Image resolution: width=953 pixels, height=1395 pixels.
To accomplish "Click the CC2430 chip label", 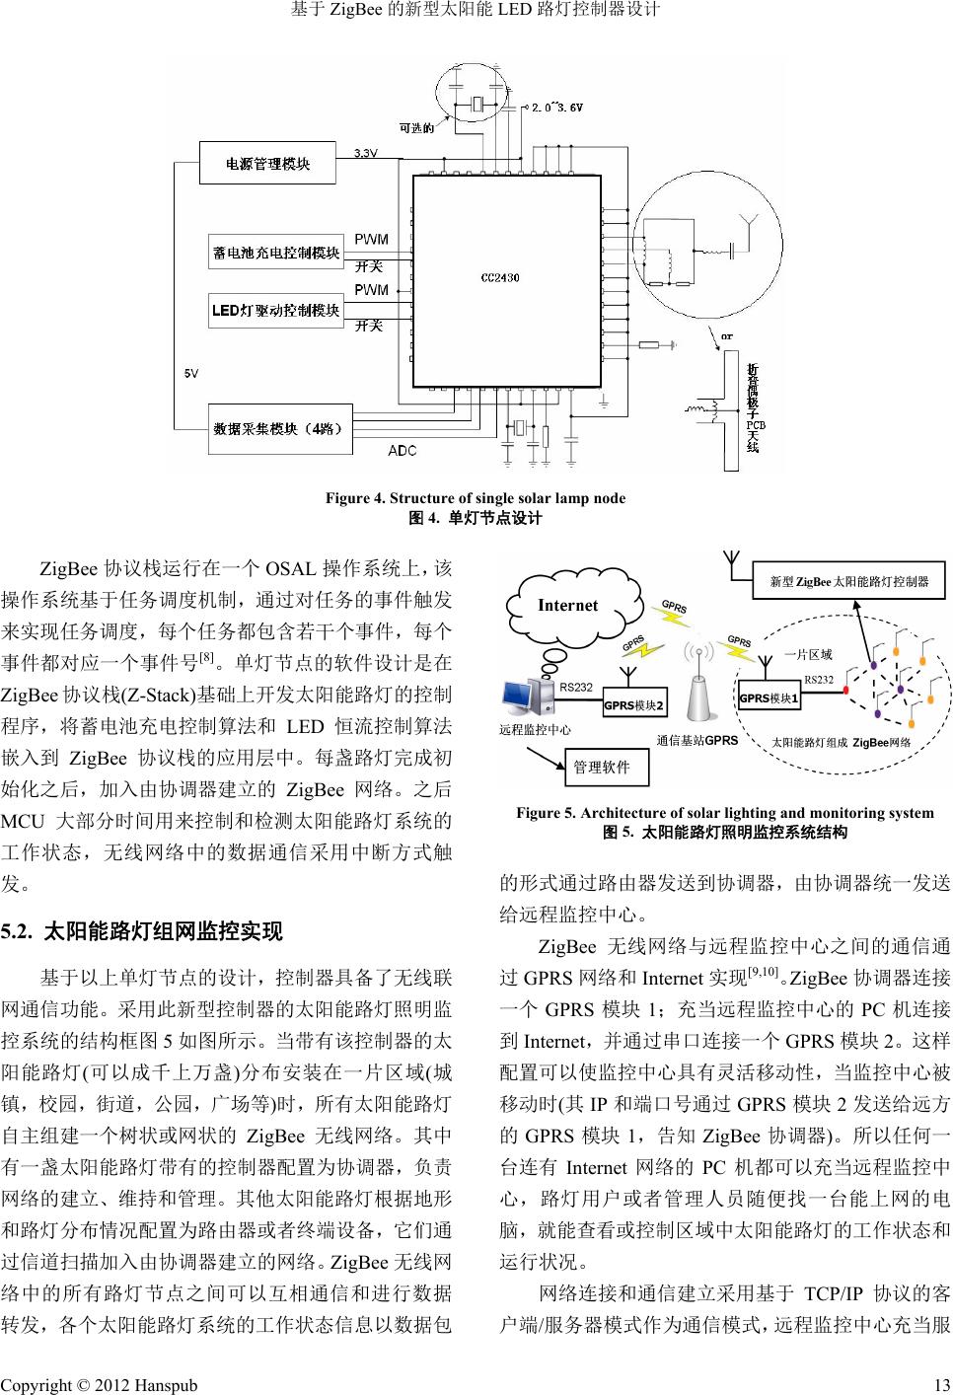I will [x=500, y=278].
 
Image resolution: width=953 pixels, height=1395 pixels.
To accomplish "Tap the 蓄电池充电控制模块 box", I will [x=275, y=253].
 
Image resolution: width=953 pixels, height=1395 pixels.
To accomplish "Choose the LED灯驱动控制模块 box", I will [x=275, y=312].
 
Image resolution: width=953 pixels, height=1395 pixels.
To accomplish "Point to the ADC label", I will [x=402, y=451].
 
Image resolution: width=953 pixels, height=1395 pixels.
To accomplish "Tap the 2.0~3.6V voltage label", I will [x=557, y=107].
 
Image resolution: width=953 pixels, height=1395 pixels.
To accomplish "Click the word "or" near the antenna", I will [x=727, y=336].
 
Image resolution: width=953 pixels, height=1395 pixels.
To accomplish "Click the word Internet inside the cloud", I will [x=567, y=605].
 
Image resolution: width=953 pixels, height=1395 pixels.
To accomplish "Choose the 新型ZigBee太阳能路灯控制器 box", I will [x=848, y=581].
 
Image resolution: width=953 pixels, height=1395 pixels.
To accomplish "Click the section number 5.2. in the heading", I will [x=19, y=930].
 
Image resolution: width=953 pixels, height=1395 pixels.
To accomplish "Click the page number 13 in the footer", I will [x=938, y=1385].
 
